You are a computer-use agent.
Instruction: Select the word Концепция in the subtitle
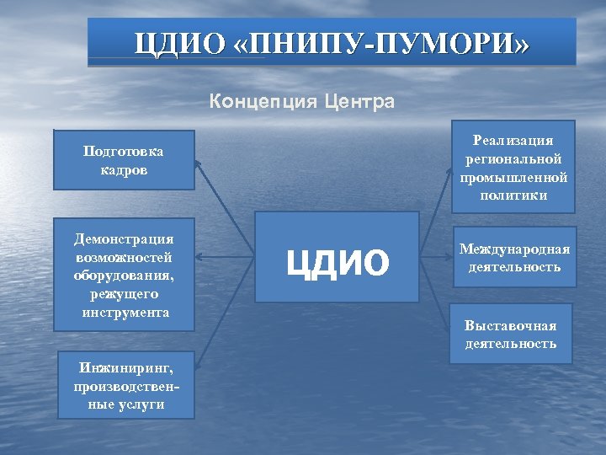click(260, 103)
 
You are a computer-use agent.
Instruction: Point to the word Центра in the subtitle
click(357, 103)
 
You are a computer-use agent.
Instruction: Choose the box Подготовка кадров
click(124, 159)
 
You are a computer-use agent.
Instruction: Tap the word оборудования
click(124, 276)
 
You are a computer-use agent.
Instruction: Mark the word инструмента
click(124, 313)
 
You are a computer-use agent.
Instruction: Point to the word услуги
click(125, 404)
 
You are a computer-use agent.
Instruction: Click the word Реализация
click(513, 141)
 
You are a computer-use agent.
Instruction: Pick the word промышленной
click(513, 177)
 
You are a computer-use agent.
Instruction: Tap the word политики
click(513, 195)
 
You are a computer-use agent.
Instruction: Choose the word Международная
click(513, 249)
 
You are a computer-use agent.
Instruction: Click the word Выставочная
click(511, 325)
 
